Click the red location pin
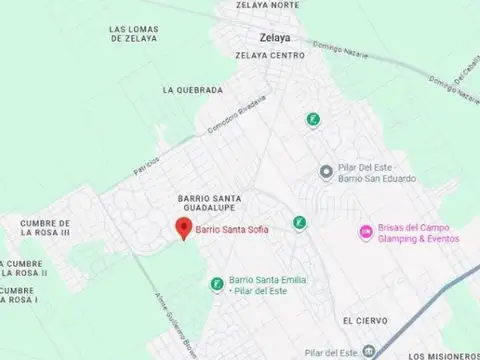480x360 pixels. tap(183, 228)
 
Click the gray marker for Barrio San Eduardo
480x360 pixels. tap(325, 172)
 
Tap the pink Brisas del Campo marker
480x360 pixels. tap(366, 233)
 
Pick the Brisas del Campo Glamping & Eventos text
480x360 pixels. tap(419, 233)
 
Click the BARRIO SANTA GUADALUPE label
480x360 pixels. tap(205, 204)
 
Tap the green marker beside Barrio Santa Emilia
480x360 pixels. tap(217, 285)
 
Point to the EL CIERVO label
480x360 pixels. tap(360, 321)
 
